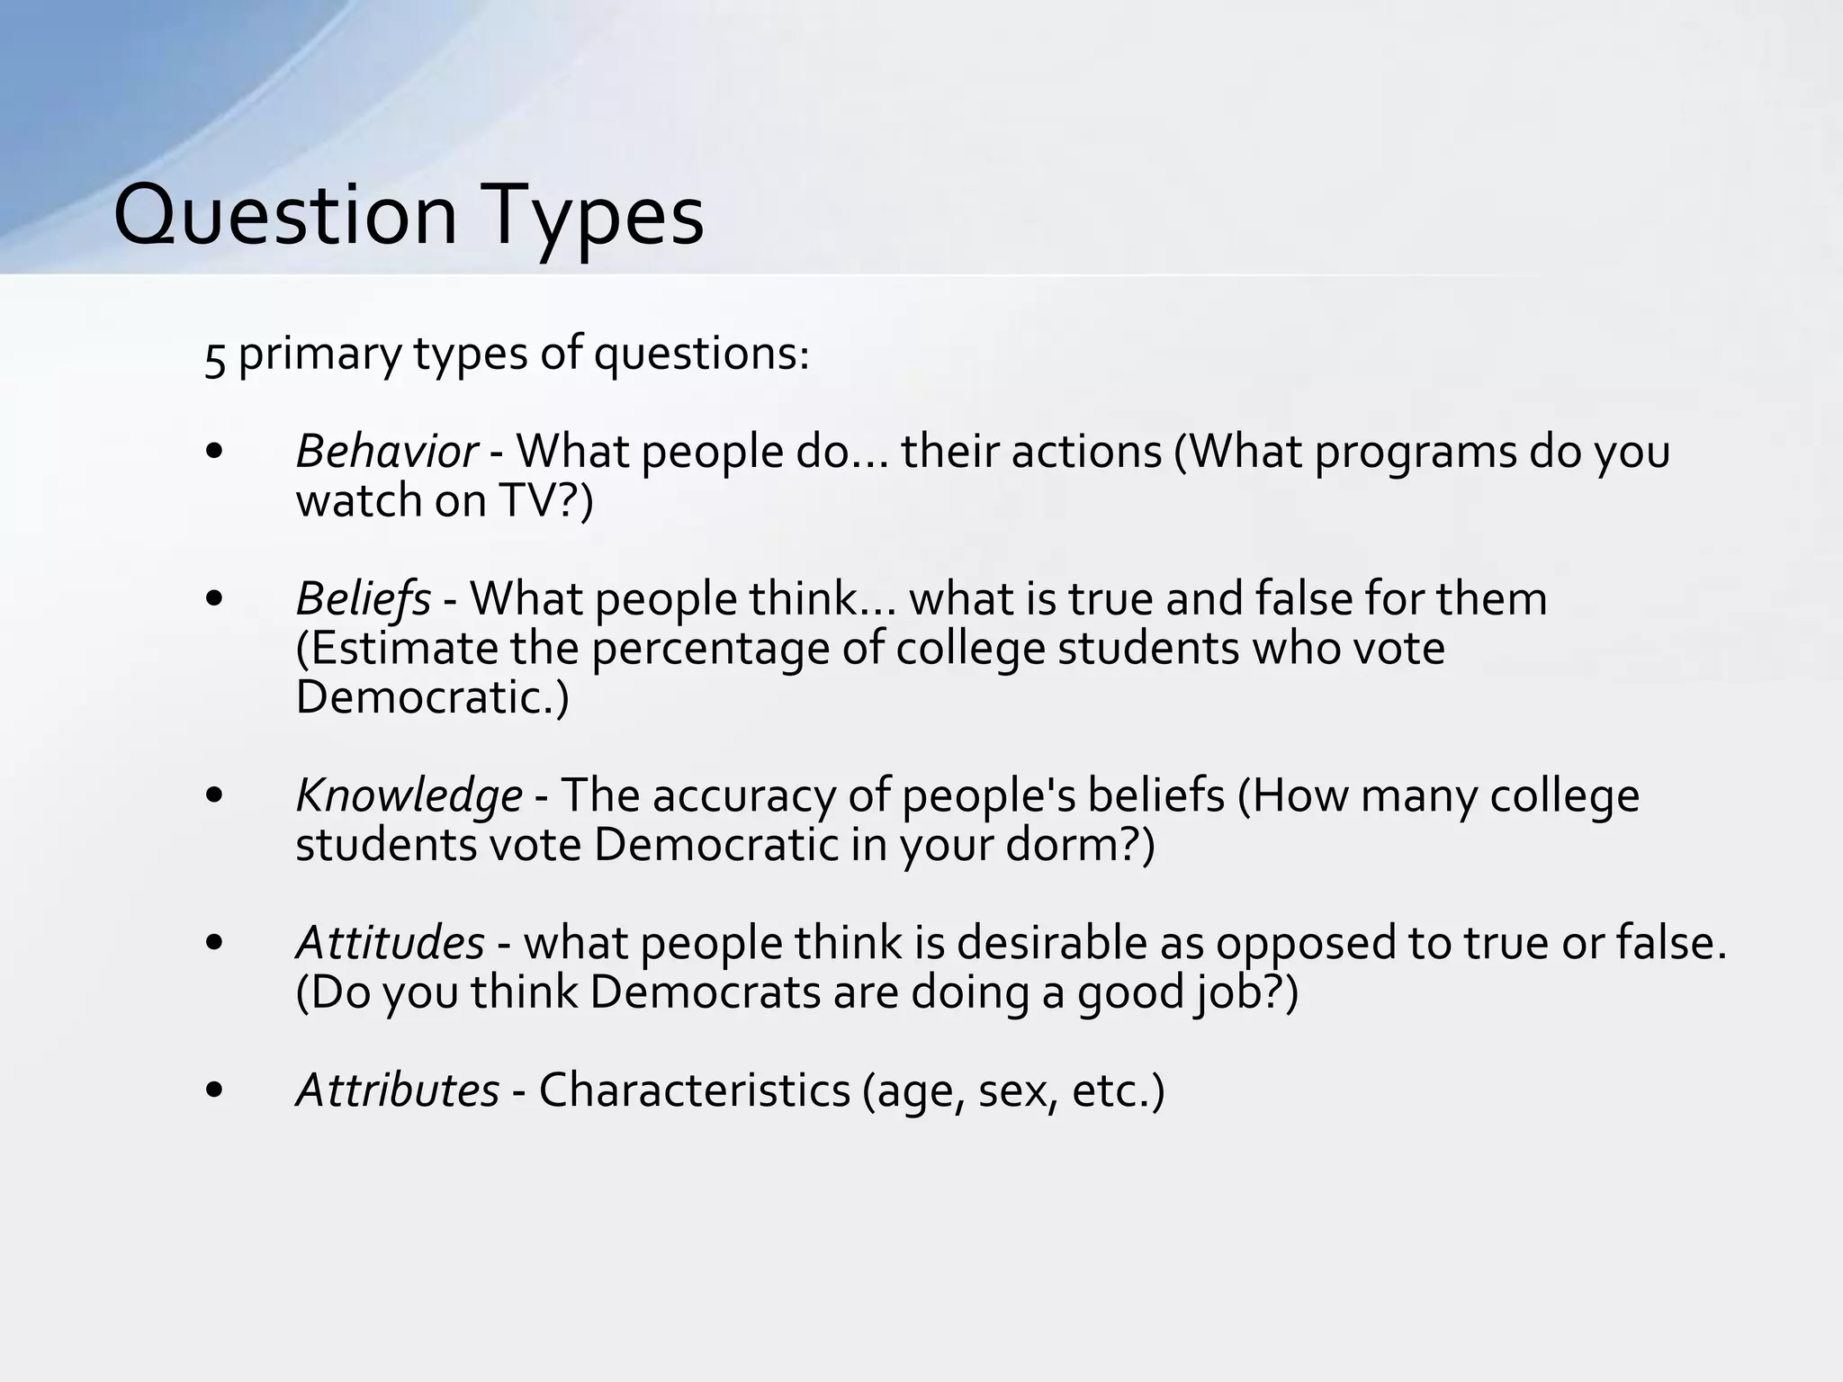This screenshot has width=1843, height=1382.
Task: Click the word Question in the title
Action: [x=285, y=216]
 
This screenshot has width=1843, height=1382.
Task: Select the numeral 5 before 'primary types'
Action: [x=214, y=356]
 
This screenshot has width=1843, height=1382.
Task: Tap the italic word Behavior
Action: [x=386, y=452]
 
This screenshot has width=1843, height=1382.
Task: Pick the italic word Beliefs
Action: [x=363, y=598]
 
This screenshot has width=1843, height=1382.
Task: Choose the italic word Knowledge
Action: [x=409, y=795]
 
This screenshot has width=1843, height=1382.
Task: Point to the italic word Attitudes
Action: [x=390, y=943]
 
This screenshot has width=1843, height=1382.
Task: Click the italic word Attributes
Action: [x=397, y=1090]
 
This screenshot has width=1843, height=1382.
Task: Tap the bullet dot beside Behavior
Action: [x=214, y=453]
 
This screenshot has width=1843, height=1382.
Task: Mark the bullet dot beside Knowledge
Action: [x=214, y=795]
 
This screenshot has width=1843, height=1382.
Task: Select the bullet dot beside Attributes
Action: [x=214, y=1090]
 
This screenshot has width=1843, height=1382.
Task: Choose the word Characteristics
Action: [x=694, y=1090]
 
